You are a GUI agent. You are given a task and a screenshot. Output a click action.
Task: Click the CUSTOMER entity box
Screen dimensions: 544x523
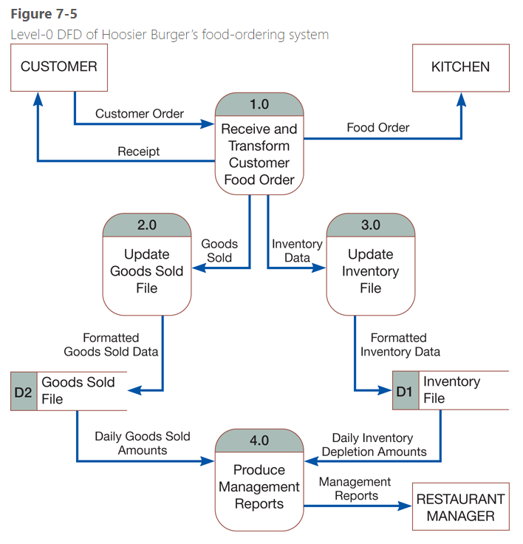click(58, 67)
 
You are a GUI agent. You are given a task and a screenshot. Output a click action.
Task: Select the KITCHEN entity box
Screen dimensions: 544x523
click(460, 67)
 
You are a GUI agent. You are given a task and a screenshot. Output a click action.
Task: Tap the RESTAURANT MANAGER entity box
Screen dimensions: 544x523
click(460, 507)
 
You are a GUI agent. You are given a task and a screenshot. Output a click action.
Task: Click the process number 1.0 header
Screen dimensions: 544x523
click(259, 104)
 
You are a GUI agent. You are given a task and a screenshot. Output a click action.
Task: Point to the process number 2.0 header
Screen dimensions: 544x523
click(146, 225)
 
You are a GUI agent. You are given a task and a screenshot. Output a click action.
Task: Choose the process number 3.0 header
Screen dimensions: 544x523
click(370, 225)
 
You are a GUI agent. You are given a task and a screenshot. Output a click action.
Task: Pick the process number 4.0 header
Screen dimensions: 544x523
click(259, 441)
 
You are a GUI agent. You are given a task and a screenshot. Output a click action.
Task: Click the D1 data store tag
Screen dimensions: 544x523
click(404, 391)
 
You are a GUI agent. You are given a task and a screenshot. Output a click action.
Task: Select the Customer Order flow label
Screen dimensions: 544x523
click(140, 114)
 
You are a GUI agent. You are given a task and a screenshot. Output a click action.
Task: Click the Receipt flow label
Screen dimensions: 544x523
click(138, 152)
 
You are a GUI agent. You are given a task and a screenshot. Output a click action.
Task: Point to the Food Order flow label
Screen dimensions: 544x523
click(377, 128)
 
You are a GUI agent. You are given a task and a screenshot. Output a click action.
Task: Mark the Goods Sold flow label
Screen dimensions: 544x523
click(219, 251)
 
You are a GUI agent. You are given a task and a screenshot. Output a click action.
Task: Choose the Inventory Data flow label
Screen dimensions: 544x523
click(297, 251)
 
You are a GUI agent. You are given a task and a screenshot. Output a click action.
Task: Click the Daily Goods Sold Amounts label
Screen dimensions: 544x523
click(142, 443)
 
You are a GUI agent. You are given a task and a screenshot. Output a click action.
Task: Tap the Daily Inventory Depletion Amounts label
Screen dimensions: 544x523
click(374, 445)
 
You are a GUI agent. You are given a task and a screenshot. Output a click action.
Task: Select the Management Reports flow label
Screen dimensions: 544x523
click(355, 489)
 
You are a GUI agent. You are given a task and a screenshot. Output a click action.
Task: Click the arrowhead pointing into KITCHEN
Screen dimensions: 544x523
click(461, 98)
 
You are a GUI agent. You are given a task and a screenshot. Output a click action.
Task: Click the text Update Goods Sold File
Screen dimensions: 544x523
click(146, 271)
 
